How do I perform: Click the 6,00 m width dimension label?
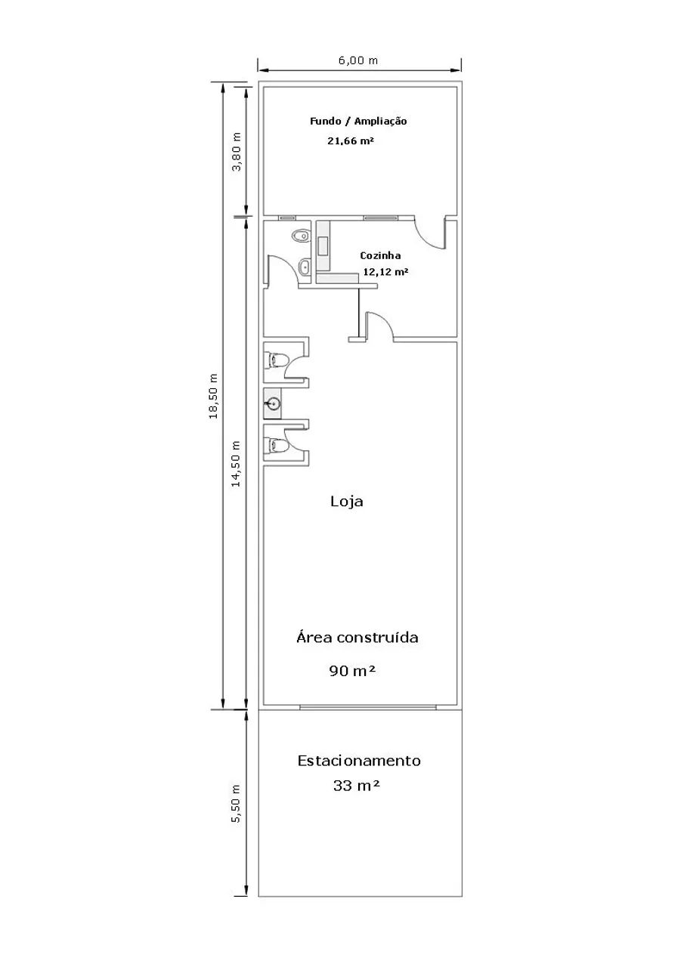coord(358,60)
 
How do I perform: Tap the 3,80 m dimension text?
coord(237,152)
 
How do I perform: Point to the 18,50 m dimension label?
coord(213,397)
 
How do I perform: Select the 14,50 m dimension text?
coord(236,464)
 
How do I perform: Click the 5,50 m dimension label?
coord(236,804)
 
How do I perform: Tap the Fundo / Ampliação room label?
coord(358,122)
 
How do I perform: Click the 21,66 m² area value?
coord(351,141)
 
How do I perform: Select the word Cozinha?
coord(380,255)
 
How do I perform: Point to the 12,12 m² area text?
coord(385,272)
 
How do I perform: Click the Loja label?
coord(347,502)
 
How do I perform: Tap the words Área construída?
coord(357,638)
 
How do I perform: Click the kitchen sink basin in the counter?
coord(323,246)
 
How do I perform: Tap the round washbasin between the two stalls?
coord(274,404)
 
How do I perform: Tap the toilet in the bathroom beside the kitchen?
coord(301,236)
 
